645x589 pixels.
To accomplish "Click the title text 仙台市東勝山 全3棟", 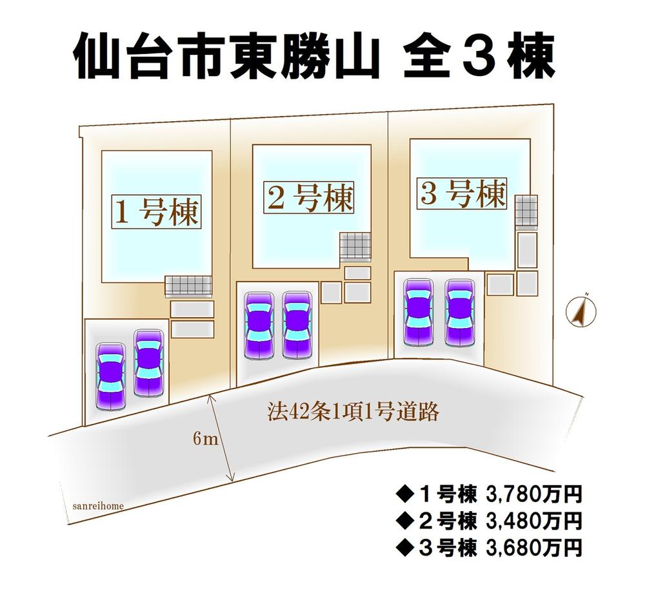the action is (x=314, y=59).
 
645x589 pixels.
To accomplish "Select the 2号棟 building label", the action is (x=310, y=197).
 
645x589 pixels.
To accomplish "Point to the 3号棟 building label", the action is (x=462, y=193).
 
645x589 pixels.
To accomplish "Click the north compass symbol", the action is (x=580, y=311).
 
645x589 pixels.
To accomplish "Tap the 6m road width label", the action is (x=206, y=440).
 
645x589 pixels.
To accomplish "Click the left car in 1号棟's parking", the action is (x=110, y=377).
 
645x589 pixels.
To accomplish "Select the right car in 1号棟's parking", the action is (x=148, y=363).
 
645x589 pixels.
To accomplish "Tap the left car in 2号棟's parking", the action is (x=259, y=326).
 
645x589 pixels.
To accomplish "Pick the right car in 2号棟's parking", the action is (x=297, y=326).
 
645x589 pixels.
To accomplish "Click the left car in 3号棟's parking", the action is (x=418, y=312).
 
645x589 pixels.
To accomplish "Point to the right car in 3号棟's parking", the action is (x=460, y=312).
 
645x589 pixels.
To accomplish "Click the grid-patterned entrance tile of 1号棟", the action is (x=188, y=285).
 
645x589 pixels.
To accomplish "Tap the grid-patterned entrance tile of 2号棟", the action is (x=355, y=246).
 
